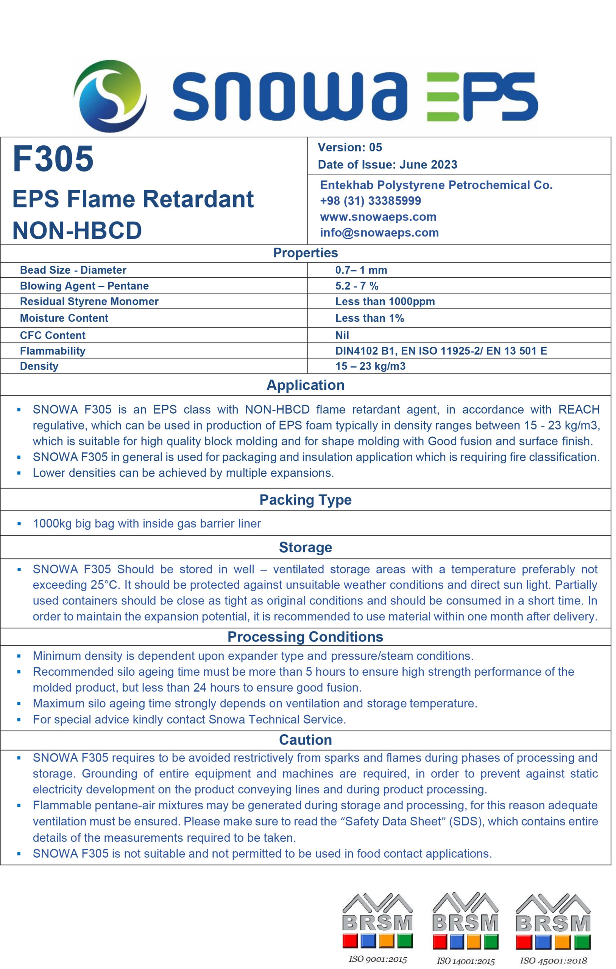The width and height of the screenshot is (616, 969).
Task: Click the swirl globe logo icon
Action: (x=110, y=95)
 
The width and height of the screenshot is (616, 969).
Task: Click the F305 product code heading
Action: (x=53, y=159)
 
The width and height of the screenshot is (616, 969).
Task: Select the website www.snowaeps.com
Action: (x=378, y=217)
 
